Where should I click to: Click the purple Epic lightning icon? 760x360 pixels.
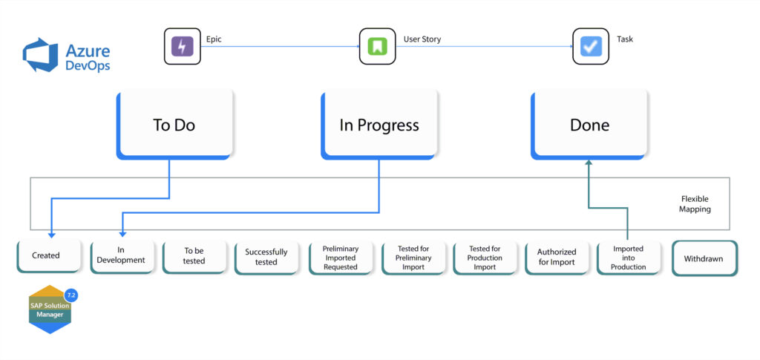pos(182,47)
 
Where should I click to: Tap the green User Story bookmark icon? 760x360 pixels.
pos(377,47)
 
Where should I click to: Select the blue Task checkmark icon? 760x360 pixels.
pos(590,47)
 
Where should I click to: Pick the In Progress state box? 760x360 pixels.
pos(379,124)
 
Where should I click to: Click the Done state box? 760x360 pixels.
pos(589,124)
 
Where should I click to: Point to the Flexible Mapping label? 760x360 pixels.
pos(695,204)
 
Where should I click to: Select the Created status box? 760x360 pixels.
pos(46,256)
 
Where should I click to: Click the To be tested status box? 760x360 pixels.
pos(194,256)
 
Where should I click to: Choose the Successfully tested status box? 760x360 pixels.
pos(266,257)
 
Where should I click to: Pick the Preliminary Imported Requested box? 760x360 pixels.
pos(340,257)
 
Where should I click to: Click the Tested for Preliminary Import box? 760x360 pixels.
pos(413,257)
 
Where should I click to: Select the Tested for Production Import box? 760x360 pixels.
pos(485,257)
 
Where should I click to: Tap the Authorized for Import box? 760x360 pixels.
pos(557,257)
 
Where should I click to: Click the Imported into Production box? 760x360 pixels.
pos(628,257)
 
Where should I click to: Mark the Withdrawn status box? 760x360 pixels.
pos(704,258)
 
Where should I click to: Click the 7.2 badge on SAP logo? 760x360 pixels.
pos(71,295)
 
